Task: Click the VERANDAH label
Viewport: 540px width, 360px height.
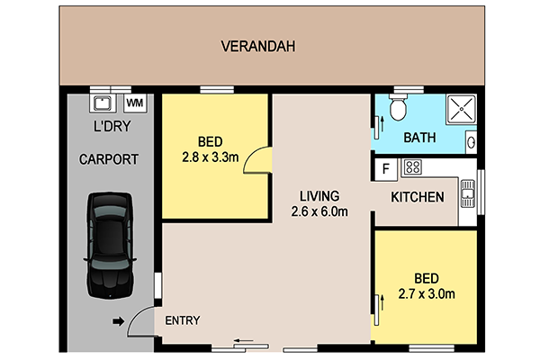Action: tap(258, 47)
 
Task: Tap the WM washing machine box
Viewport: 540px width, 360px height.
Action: tap(135, 103)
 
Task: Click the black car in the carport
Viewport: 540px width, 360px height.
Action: tap(110, 246)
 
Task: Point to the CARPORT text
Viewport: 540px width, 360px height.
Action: tap(109, 159)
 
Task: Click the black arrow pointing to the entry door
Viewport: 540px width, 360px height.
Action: tap(119, 322)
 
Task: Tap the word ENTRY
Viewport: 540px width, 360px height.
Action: tap(183, 320)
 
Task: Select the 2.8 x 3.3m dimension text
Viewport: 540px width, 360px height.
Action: tap(211, 157)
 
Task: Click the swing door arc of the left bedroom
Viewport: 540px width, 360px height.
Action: tap(249, 155)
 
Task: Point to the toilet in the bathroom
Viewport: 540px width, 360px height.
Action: tap(399, 107)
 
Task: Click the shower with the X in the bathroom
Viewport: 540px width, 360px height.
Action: tap(462, 109)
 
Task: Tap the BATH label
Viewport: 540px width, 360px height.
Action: tap(419, 138)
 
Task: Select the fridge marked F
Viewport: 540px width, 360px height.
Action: tap(386, 169)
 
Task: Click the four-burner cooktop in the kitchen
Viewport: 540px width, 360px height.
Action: tap(412, 167)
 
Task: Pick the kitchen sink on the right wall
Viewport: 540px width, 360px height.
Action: tap(468, 193)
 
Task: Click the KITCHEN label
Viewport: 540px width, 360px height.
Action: tap(418, 197)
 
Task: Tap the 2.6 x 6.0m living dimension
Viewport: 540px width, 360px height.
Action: tap(319, 211)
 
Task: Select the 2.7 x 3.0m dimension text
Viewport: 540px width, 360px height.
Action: tap(427, 294)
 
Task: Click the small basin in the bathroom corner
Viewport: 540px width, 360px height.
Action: tap(471, 142)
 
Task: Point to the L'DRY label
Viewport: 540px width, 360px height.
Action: tap(112, 126)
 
